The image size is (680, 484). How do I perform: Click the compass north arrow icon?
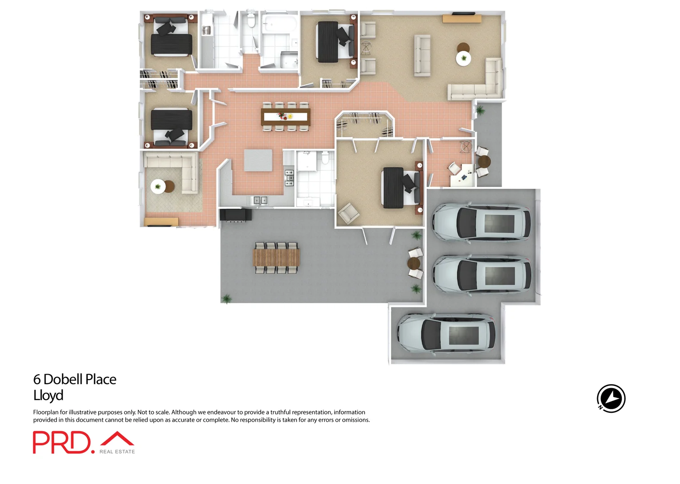611,398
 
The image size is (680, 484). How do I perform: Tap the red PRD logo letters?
62,443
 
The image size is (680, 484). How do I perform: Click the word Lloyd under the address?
48,395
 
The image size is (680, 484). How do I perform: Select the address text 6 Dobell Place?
75,379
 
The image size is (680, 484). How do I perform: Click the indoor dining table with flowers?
285,117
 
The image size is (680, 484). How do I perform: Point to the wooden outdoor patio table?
276,258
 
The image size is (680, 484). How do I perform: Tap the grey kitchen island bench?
258,160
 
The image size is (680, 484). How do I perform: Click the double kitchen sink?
260,200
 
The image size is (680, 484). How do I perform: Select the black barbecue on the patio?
236,215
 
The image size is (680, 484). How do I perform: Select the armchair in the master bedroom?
348,213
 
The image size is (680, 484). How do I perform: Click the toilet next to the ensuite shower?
325,158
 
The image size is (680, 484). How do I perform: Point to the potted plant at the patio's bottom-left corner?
227,299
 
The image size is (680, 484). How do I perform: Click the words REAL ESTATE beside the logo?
117,452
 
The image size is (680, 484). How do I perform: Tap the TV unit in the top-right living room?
462,18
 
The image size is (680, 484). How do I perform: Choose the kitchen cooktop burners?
289,178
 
